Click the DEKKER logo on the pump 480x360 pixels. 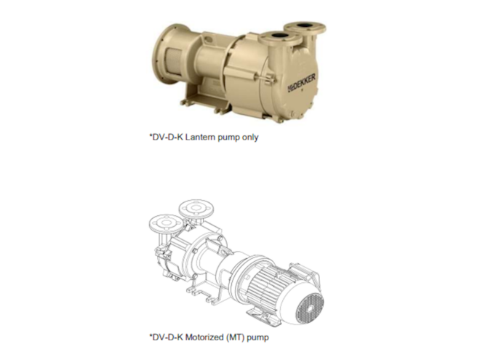pos(302,83)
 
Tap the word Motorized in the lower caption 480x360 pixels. pos(205,337)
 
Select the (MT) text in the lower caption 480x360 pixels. pos(236,337)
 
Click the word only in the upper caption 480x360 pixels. pos(250,137)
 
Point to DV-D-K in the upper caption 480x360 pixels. pos(167,137)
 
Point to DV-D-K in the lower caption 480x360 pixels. pos(167,337)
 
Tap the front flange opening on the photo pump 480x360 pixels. pos(279,36)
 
